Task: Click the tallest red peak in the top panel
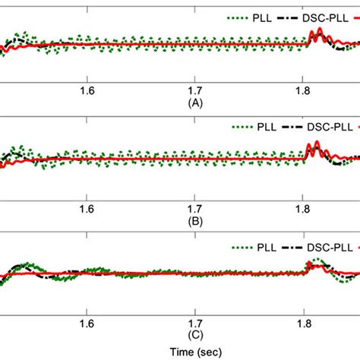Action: click(320, 30)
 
